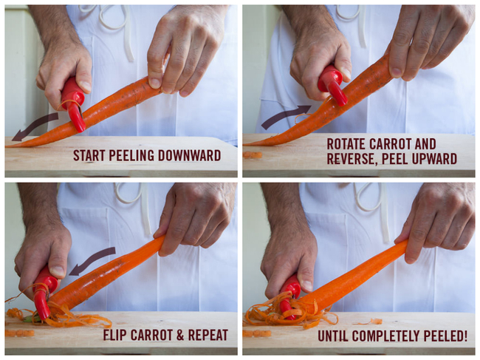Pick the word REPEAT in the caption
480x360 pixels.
click(208, 335)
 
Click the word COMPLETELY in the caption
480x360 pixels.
click(387, 336)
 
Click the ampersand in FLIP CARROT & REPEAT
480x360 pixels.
click(181, 335)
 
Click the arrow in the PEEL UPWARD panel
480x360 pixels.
click(285, 116)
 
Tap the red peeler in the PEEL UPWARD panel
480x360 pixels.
click(333, 84)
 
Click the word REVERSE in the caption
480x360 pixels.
click(352, 159)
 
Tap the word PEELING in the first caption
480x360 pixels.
click(132, 155)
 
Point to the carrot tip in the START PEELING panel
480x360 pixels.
click(7, 147)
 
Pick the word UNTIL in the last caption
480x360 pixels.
click(333, 336)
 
